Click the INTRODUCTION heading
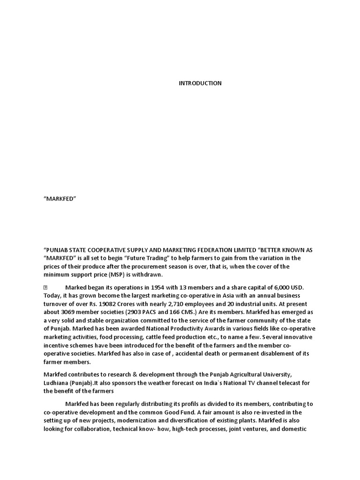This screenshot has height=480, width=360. click(200, 83)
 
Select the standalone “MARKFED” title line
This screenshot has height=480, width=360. click(60, 199)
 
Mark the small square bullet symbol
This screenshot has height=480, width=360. click(46, 287)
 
